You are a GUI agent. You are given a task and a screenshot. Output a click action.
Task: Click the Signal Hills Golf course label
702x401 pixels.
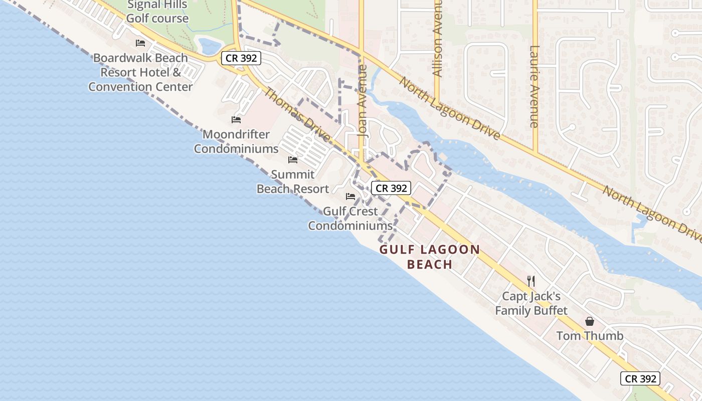tap(157, 12)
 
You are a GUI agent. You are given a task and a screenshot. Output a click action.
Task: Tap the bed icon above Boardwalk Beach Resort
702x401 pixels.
tap(140, 43)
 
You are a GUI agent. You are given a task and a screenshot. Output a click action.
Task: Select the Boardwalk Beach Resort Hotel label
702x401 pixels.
tap(140, 72)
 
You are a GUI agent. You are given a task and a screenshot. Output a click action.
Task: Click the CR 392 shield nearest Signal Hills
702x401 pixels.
tap(241, 58)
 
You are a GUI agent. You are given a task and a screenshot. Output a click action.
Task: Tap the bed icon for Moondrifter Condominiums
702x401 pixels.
tap(236, 120)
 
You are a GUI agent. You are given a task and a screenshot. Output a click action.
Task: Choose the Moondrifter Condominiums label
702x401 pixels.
tap(236, 142)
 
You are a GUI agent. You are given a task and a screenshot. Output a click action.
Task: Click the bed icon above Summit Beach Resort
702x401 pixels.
tap(293, 160)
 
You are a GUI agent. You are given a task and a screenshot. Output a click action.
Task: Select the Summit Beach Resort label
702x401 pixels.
tap(293, 181)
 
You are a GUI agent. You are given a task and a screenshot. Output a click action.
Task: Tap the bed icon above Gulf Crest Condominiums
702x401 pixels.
tap(350, 196)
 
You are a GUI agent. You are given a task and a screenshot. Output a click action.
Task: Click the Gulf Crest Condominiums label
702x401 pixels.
tap(350, 219)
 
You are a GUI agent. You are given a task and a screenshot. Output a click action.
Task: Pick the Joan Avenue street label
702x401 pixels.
tap(363, 100)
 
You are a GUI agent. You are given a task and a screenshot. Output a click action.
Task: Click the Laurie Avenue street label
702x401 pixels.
tap(535, 86)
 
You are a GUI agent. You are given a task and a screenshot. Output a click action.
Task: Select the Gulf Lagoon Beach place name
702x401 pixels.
tap(430, 257)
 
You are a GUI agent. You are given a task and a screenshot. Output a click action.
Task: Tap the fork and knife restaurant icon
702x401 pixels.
tap(531, 281)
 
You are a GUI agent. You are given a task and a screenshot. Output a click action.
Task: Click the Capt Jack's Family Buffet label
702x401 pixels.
tap(531, 303)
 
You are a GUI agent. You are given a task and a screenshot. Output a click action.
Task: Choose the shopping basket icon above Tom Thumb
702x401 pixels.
tap(590, 321)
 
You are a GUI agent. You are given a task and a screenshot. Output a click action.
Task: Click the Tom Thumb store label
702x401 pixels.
tap(590, 336)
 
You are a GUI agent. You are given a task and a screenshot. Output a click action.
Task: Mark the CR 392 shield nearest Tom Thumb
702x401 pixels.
tap(640, 378)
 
